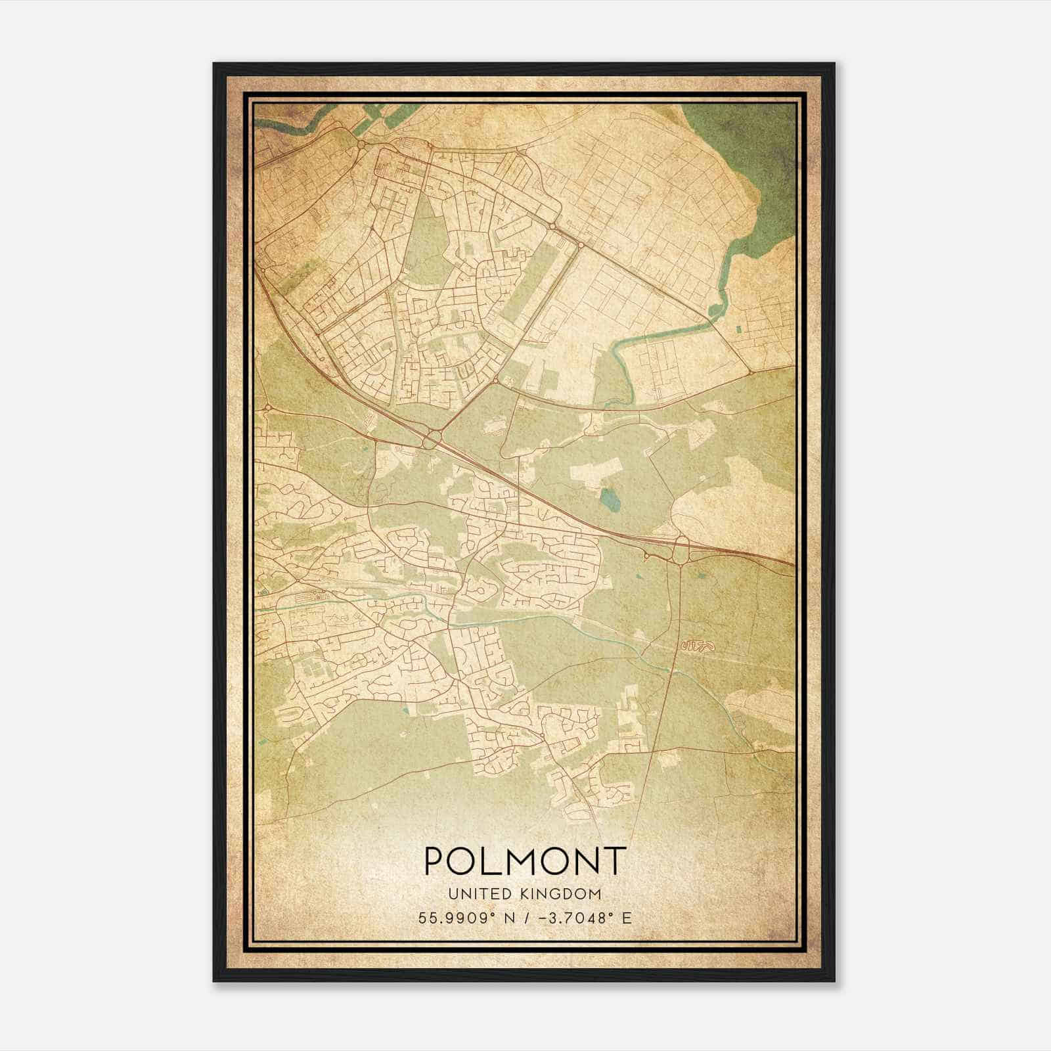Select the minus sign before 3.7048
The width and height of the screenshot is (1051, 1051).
click(x=542, y=918)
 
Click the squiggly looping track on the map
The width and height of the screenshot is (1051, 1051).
click(x=698, y=647)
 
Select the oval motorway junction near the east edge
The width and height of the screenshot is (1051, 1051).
click(x=681, y=548)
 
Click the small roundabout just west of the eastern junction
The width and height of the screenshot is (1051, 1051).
click(x=648, y=556)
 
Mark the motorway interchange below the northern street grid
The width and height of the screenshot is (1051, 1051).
click(x=431, y=438)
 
